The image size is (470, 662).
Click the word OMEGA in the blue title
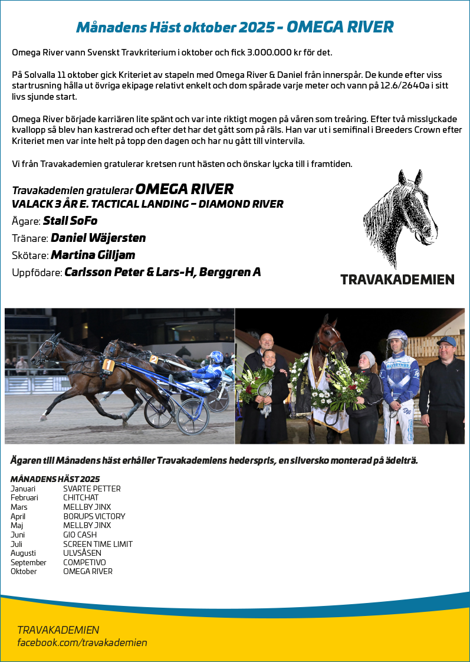pos(315,27)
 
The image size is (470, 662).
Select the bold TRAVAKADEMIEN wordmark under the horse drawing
pos(397,279)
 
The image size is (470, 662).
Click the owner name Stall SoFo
pos(70,221)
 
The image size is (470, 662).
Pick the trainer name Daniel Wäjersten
pos(98,238)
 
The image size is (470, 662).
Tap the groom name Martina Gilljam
pos(93,255)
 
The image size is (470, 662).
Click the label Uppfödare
pos(37,273)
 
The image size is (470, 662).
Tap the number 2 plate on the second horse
pos(153,359)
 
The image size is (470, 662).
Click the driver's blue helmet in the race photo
pos(216,357)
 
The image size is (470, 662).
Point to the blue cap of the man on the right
pos(446,342)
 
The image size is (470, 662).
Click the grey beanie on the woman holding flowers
pos(367,357)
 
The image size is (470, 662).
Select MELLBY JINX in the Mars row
pos(87,507)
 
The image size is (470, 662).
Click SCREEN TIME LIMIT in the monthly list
pos(98,544)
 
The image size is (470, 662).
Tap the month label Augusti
pos(23,553)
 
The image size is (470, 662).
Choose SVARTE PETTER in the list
pos(91,489)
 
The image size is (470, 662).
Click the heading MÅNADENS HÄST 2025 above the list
pos(55,479)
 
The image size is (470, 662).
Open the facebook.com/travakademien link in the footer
pos(82,643)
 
